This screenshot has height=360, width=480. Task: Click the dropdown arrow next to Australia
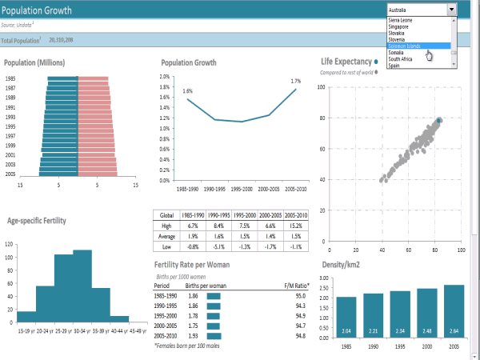pos(453,10)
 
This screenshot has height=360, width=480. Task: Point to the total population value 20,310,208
pos(61,39)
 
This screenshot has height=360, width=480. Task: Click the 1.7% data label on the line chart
pos(295,81)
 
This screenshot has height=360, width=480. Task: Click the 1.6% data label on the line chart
pos(187,91)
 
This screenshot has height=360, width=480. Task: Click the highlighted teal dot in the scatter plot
pos(438,121)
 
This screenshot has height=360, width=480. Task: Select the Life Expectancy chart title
pos(346,62)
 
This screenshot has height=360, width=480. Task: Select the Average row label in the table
pos(166,237)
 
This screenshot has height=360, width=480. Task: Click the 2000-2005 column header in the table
pos(270,215)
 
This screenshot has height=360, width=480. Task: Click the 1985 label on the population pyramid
pos(10,78)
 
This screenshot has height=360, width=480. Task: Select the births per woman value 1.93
pos(193,335)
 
